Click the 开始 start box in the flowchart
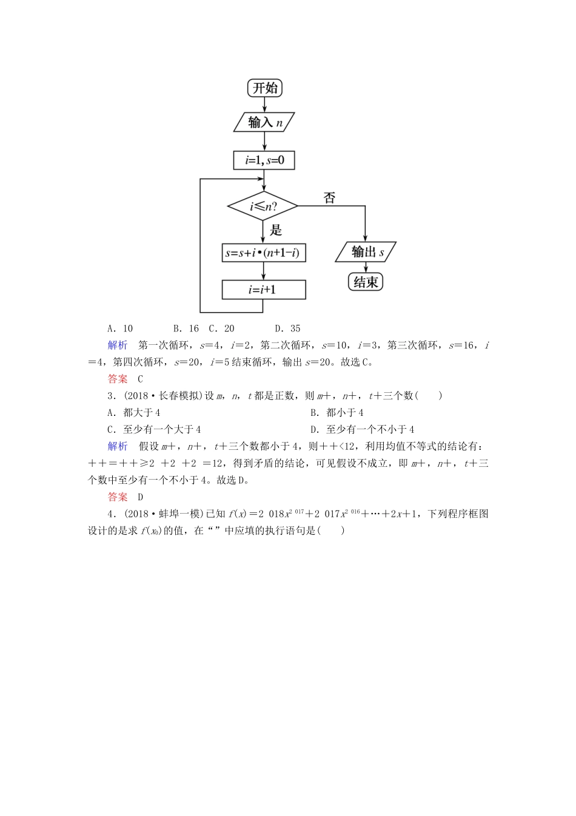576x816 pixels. point(265,88)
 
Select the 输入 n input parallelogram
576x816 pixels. point(264,122)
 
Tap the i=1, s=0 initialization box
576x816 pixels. point(264,160)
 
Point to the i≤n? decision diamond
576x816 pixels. point(263,206)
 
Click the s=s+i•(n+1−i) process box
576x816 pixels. point(264,253)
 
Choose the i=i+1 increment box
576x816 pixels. point(264,290)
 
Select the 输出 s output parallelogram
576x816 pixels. point(366,252)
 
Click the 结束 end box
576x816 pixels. point(366,282)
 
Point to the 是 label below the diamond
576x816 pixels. point(276,229)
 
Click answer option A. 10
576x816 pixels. point(120,328)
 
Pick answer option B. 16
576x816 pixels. point(186,328)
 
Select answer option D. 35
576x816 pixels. point(287,328)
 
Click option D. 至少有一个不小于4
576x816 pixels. point(362,429)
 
